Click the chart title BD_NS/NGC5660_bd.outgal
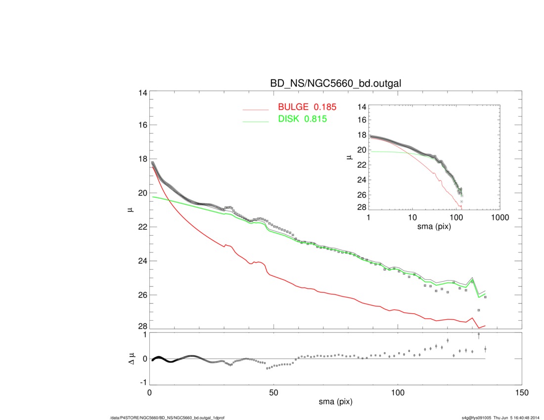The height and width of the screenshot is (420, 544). pos(335,84)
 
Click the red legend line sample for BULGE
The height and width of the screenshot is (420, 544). pos(255,109)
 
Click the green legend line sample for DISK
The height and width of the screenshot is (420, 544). pos(255,121)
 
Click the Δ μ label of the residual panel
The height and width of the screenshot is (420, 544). pos(129,359)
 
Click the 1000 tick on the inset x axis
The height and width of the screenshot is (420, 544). pos(499,218)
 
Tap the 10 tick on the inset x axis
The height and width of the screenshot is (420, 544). pos(412,218)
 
